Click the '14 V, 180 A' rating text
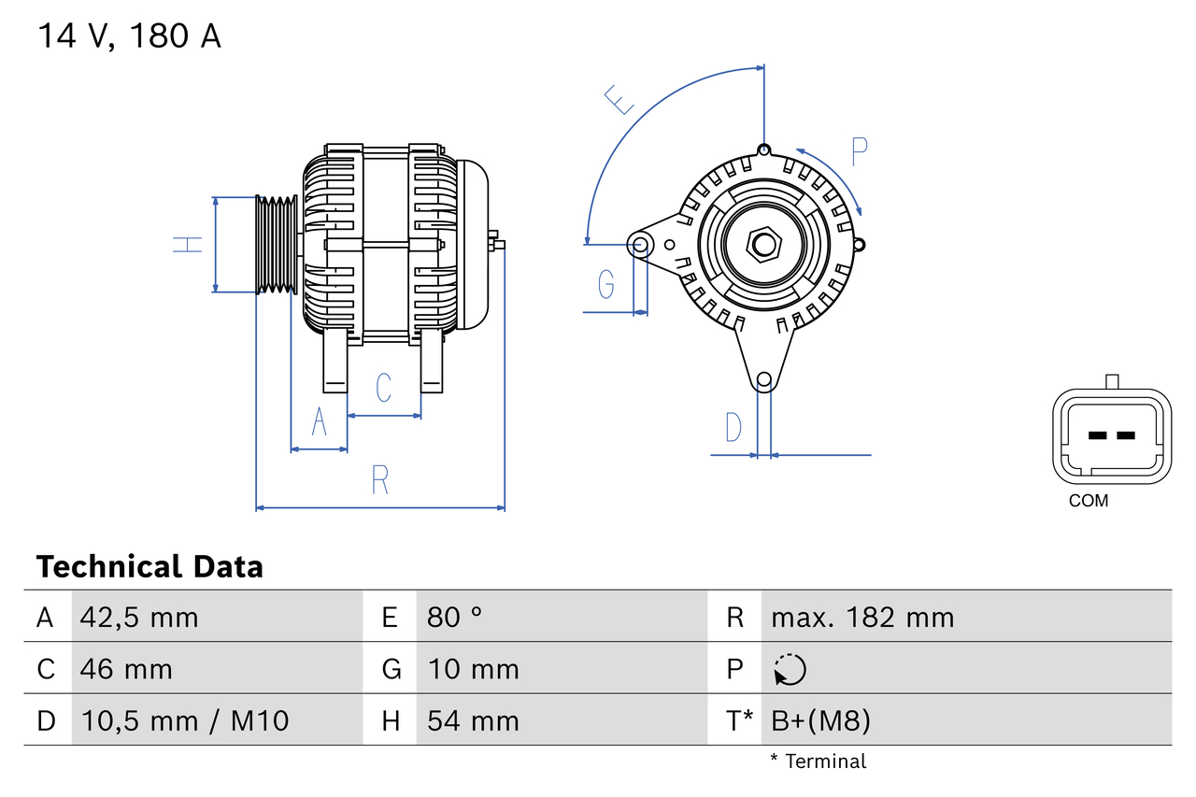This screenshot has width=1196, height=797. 129,36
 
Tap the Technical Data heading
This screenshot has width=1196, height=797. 149,567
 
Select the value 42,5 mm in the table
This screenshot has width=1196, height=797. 139,618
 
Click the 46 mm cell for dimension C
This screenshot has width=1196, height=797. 126,669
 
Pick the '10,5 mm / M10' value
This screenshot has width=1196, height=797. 185,720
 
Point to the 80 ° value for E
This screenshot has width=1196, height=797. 455,618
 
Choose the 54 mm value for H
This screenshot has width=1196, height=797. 473,720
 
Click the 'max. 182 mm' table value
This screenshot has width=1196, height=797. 862,618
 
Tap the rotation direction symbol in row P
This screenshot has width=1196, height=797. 790,669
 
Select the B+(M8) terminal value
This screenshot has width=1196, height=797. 820,720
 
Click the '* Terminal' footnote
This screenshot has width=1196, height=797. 818,761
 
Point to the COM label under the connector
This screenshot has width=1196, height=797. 1089,501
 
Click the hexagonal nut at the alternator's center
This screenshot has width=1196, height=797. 764,245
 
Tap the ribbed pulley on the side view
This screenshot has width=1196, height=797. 277,245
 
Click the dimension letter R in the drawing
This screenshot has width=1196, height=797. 379,480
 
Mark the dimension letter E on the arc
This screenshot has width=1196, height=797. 619,99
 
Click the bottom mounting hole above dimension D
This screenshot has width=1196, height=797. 764,379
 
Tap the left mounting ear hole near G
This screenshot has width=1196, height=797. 641,245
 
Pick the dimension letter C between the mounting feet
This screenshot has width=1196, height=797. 383,388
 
